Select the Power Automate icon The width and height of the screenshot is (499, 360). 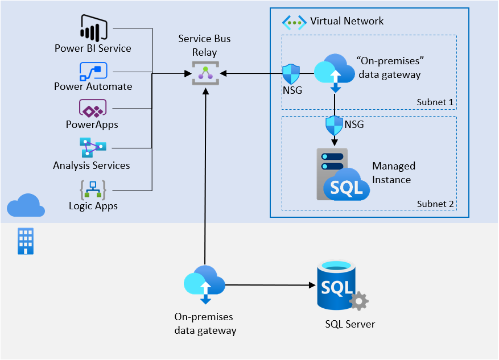click(93, 72)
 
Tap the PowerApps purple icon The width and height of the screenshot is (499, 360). click(93, 108)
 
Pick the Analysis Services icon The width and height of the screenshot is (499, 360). click(93, 147)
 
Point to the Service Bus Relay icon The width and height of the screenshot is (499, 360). click(205, 73)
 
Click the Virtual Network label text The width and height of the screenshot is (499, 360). click(347, 21)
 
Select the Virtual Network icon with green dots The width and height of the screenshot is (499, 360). click(294, 22)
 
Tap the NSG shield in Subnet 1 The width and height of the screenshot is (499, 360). click(291, 74)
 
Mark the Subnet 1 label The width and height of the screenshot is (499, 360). click(435, 102)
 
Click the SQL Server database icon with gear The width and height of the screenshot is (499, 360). click(340, 287)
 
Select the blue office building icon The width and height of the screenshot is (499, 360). click(26, 241)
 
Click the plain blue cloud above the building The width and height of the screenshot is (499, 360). click(26, 206)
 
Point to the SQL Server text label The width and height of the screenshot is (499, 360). click(350, 324)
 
